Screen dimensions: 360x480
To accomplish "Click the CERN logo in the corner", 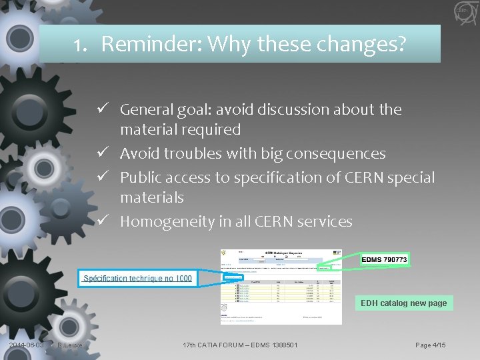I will (x=462, y=11).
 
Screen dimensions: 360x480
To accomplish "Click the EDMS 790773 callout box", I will (x=385, y=259).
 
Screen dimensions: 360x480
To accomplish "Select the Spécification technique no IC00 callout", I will (x=138, y=278).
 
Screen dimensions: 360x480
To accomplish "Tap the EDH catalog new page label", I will (x=403, y=303).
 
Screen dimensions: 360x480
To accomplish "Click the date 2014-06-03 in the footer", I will (x=26, y=345).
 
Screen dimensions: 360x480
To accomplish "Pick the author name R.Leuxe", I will (x=69, y=345).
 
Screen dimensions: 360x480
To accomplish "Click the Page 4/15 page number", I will (x=430, y=345).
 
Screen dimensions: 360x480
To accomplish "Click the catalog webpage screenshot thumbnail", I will (x=281, y=287).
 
